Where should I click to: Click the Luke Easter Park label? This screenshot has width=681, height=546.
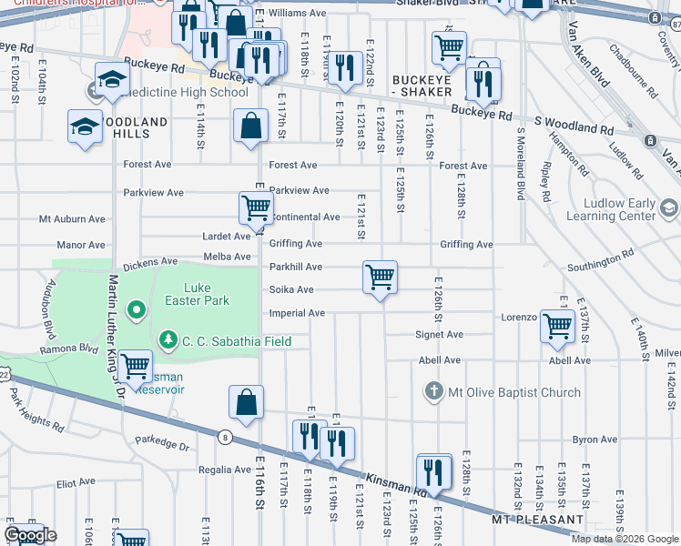(x=197, y=293)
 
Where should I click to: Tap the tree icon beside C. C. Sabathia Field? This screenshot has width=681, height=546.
(x=168, y=340)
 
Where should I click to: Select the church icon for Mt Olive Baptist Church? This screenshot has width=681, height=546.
(x=434, y=392)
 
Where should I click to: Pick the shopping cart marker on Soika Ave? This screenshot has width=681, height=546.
(x=380, y=277)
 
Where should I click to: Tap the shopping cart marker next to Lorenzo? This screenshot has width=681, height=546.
(x=557, y=325)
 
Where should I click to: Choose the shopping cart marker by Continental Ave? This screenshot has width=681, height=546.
(x=256, y=207)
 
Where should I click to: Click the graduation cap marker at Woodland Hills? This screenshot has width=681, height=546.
(x=85, y=126)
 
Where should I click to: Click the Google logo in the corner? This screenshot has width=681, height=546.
(x=30, y=535)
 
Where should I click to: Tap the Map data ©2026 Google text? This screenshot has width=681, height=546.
(x=624, y=539)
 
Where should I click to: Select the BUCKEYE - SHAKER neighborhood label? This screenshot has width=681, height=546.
(x=422, y=86)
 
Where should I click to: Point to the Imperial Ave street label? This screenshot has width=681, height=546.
(x=297, y=313)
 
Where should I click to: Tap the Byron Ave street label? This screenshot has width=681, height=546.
(x=595, y=440)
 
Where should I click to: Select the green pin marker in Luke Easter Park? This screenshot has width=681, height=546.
(x=137, y=312)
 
